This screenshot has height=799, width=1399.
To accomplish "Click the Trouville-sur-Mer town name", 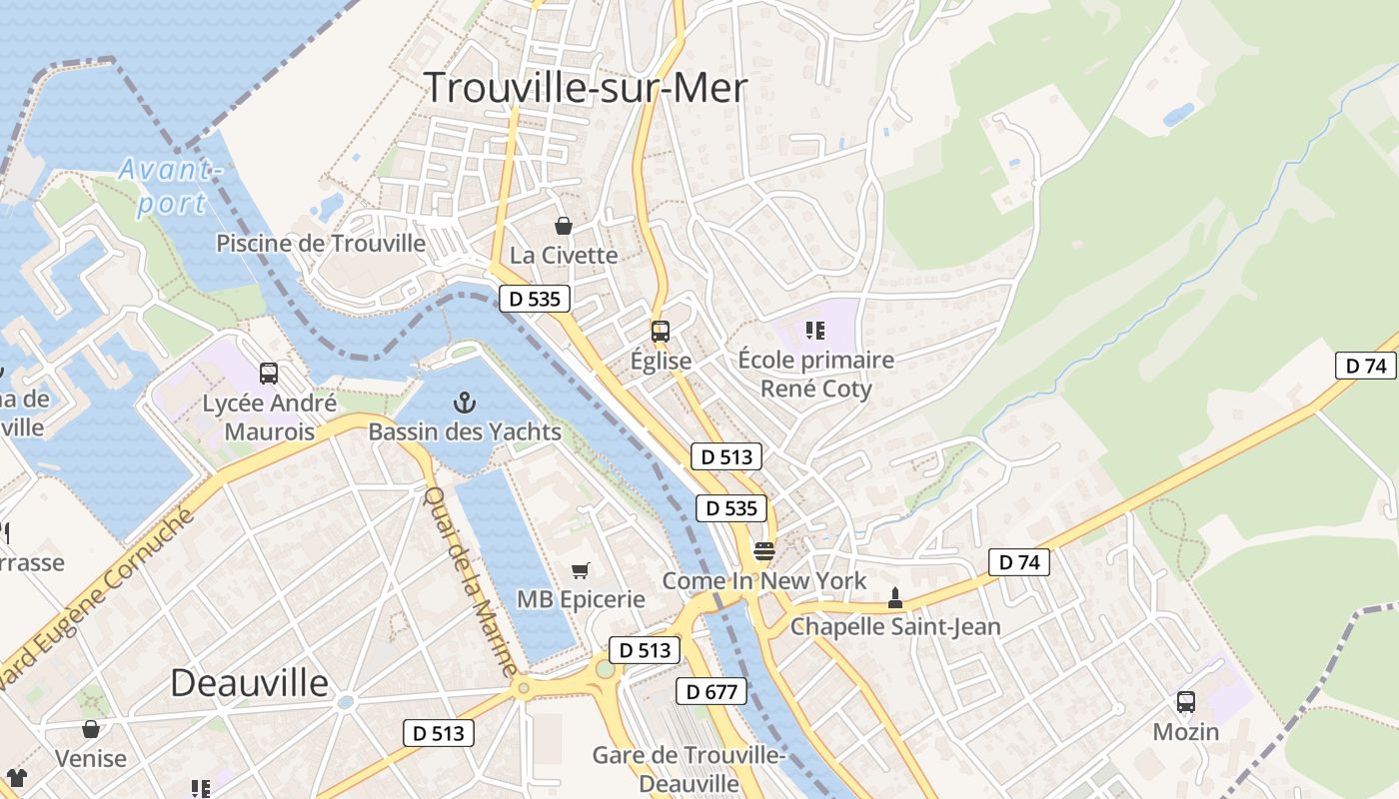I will point(586,88).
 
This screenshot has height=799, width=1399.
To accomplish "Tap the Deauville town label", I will point(249,683).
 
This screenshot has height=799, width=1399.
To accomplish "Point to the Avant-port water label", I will point(169,186).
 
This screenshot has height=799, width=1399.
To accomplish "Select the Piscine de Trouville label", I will point(321,244).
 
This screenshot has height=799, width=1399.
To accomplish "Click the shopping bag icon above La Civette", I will point(564,226).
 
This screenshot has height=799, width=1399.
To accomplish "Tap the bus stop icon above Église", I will point(660,331).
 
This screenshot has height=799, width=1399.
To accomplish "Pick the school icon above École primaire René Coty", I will point(815,330).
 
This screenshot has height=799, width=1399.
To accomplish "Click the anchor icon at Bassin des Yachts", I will point(464,402).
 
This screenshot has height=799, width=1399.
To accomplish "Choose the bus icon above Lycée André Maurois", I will point(269,374).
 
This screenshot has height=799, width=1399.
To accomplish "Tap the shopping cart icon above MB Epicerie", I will point(580,570).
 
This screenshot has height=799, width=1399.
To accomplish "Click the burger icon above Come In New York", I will point(764,551).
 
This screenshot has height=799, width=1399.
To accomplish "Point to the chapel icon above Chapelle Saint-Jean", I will point(894,598).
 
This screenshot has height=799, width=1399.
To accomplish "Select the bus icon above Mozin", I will point(1186,702).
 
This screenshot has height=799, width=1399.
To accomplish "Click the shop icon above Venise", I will point(91,729).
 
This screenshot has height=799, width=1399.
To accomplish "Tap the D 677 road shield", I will point(710,691).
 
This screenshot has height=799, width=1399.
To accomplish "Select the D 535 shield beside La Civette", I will point(535,298).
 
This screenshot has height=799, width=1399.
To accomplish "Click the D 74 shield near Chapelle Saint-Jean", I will point(1019,562).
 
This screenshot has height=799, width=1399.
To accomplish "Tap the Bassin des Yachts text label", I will point(465,432).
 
